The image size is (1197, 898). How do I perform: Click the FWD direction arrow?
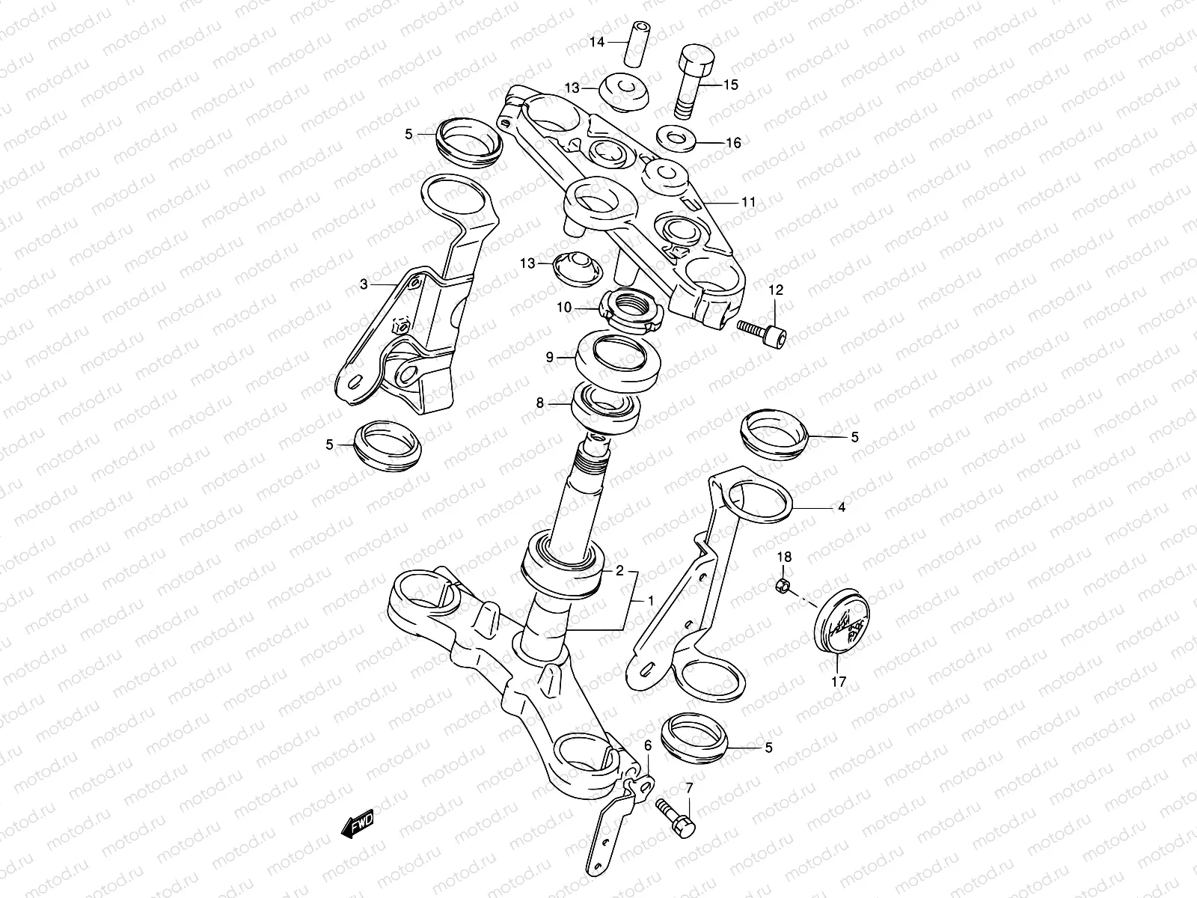pyautogui.click(x=358, y=824)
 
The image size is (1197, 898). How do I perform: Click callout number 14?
pyautogui.click(x=596, y=43)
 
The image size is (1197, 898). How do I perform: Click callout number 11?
pyautogui.click(x=748, y=202)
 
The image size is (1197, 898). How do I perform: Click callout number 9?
pyautogui.click(x=550, y=358)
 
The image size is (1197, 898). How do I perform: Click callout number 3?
pyautogui.click(x=364, y=284)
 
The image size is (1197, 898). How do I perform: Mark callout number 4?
pyautogui.click(x=841, y=507)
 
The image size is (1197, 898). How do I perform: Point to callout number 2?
pyautogui.click(x=619, y=570)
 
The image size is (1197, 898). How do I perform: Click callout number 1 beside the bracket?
pyautogui.click(x=650, y=600)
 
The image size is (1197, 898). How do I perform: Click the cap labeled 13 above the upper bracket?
pyautogui.click(x=625, y=91)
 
